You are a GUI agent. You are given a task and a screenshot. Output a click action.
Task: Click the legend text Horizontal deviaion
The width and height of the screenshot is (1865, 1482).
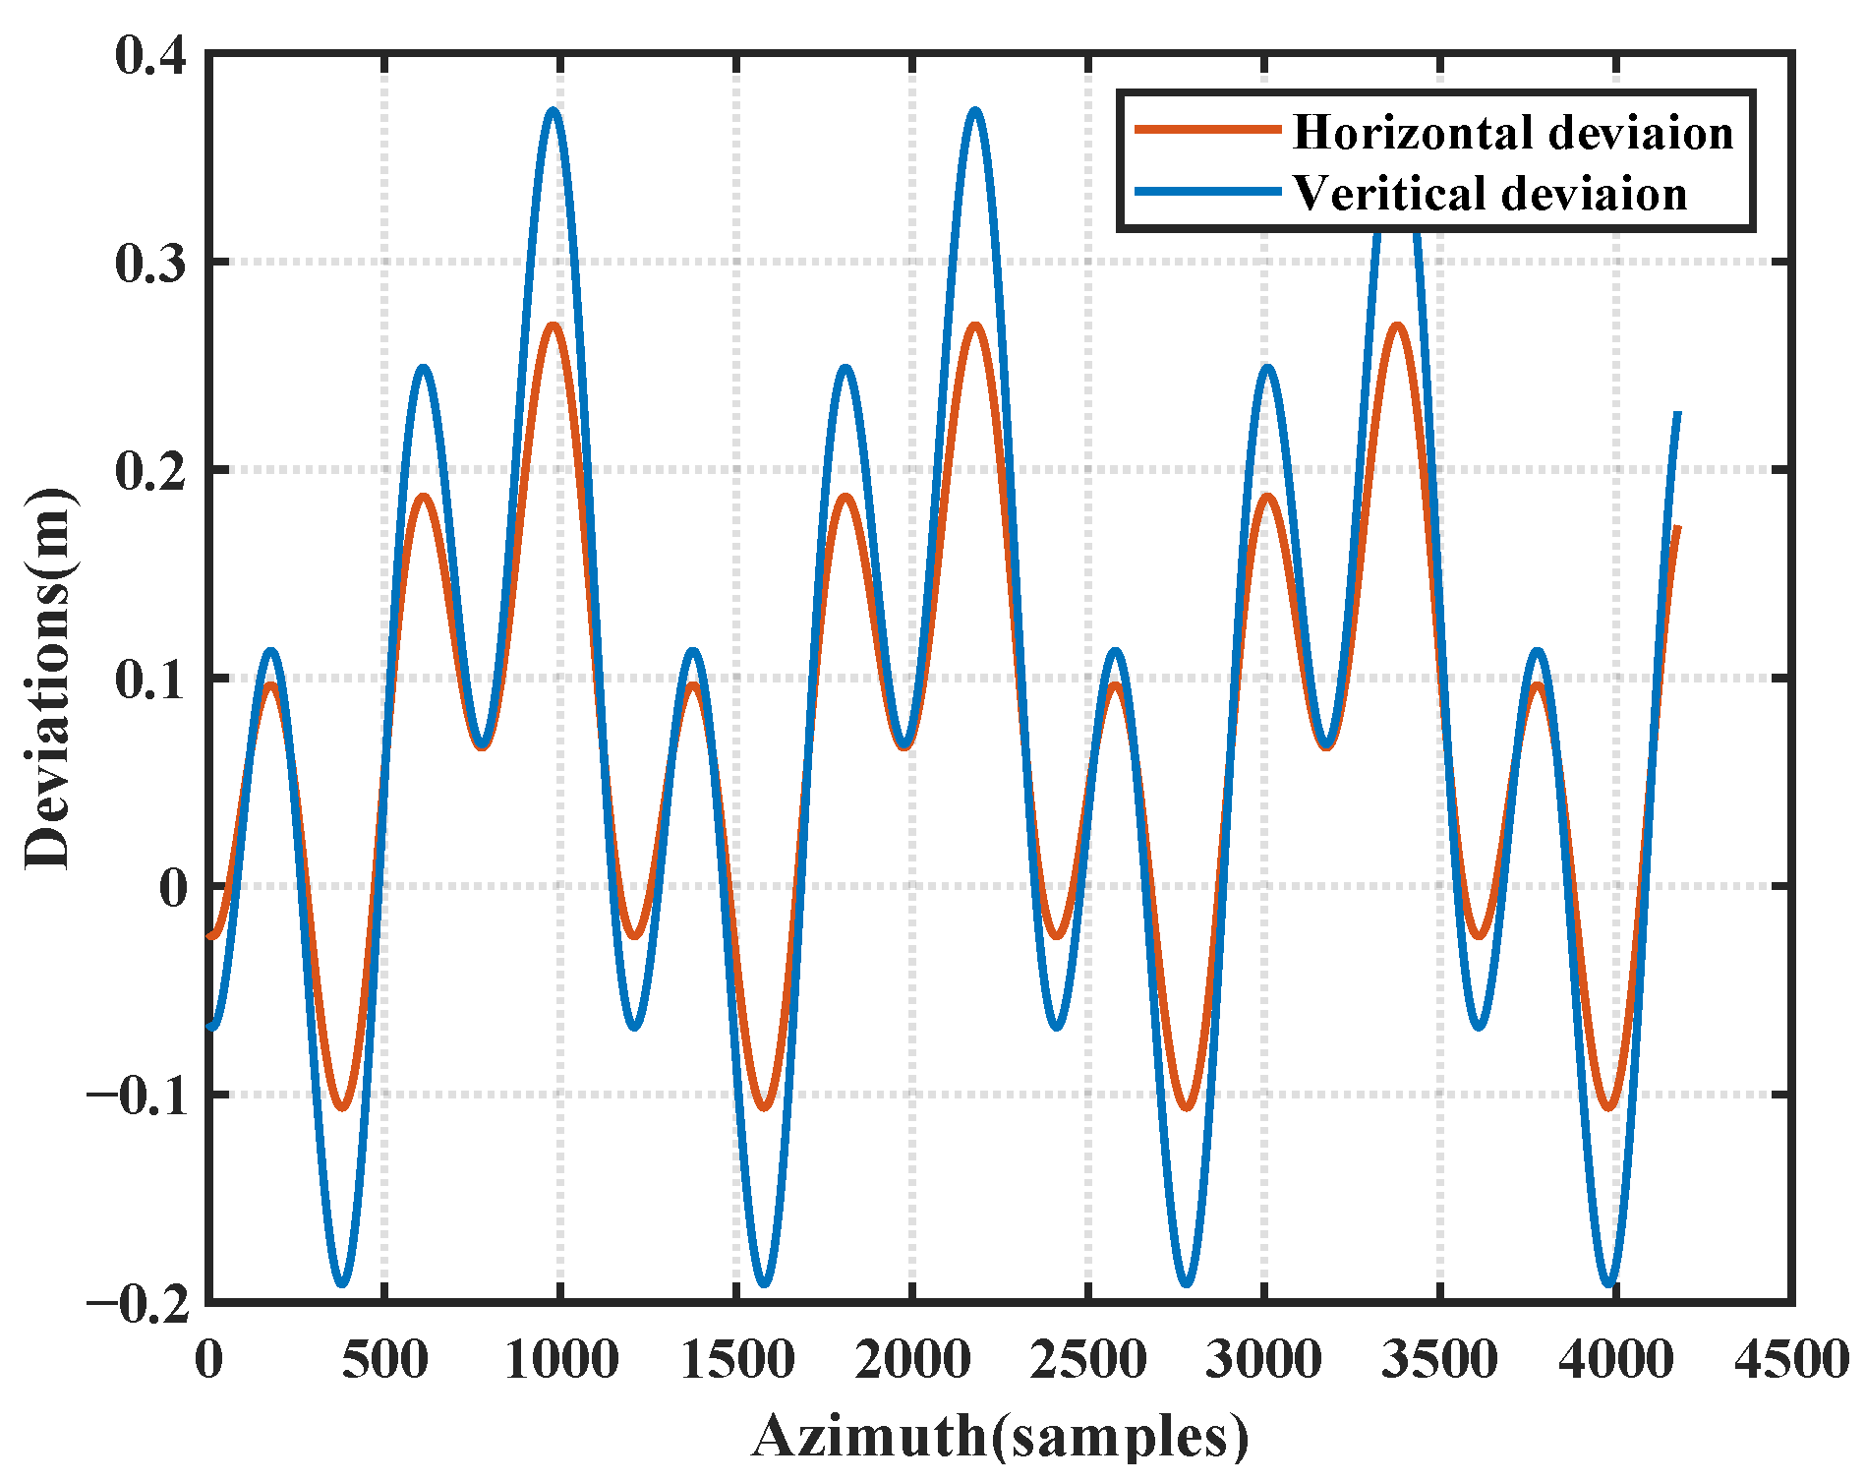[1512, 133]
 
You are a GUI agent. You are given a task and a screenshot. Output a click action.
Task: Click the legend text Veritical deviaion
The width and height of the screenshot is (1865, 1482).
[1489, 194]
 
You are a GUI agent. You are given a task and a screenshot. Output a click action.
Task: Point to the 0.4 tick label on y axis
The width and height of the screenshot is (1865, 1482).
[150, 55]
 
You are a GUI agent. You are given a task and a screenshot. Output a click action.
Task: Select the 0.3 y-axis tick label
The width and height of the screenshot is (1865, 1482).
[150, 264]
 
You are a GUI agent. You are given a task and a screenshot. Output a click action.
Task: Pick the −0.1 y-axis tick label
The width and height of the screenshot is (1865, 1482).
[137, 1096]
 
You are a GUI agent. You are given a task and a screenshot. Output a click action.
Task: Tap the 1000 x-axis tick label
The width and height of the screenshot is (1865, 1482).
[560, 1360]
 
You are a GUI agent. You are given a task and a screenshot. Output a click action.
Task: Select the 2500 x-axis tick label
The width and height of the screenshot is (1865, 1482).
[1088, 1360]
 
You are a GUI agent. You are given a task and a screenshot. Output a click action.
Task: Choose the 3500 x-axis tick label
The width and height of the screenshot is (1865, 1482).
[1440, 1360]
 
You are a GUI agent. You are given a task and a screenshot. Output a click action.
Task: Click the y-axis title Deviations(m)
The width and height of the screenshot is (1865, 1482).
[47, 679]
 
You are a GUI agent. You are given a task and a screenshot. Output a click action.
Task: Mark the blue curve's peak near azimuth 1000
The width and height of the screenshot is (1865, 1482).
[554, 111]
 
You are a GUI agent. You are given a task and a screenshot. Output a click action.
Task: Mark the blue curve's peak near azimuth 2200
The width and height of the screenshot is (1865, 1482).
[974, 111]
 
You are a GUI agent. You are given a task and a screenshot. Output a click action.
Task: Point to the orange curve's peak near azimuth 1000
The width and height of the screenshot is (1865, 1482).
[554, 325]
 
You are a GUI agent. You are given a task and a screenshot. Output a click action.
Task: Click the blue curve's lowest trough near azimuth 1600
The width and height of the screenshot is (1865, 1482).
[764, 1283]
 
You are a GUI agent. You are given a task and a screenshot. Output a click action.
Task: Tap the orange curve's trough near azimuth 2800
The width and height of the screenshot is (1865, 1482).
[1187, 1108]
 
